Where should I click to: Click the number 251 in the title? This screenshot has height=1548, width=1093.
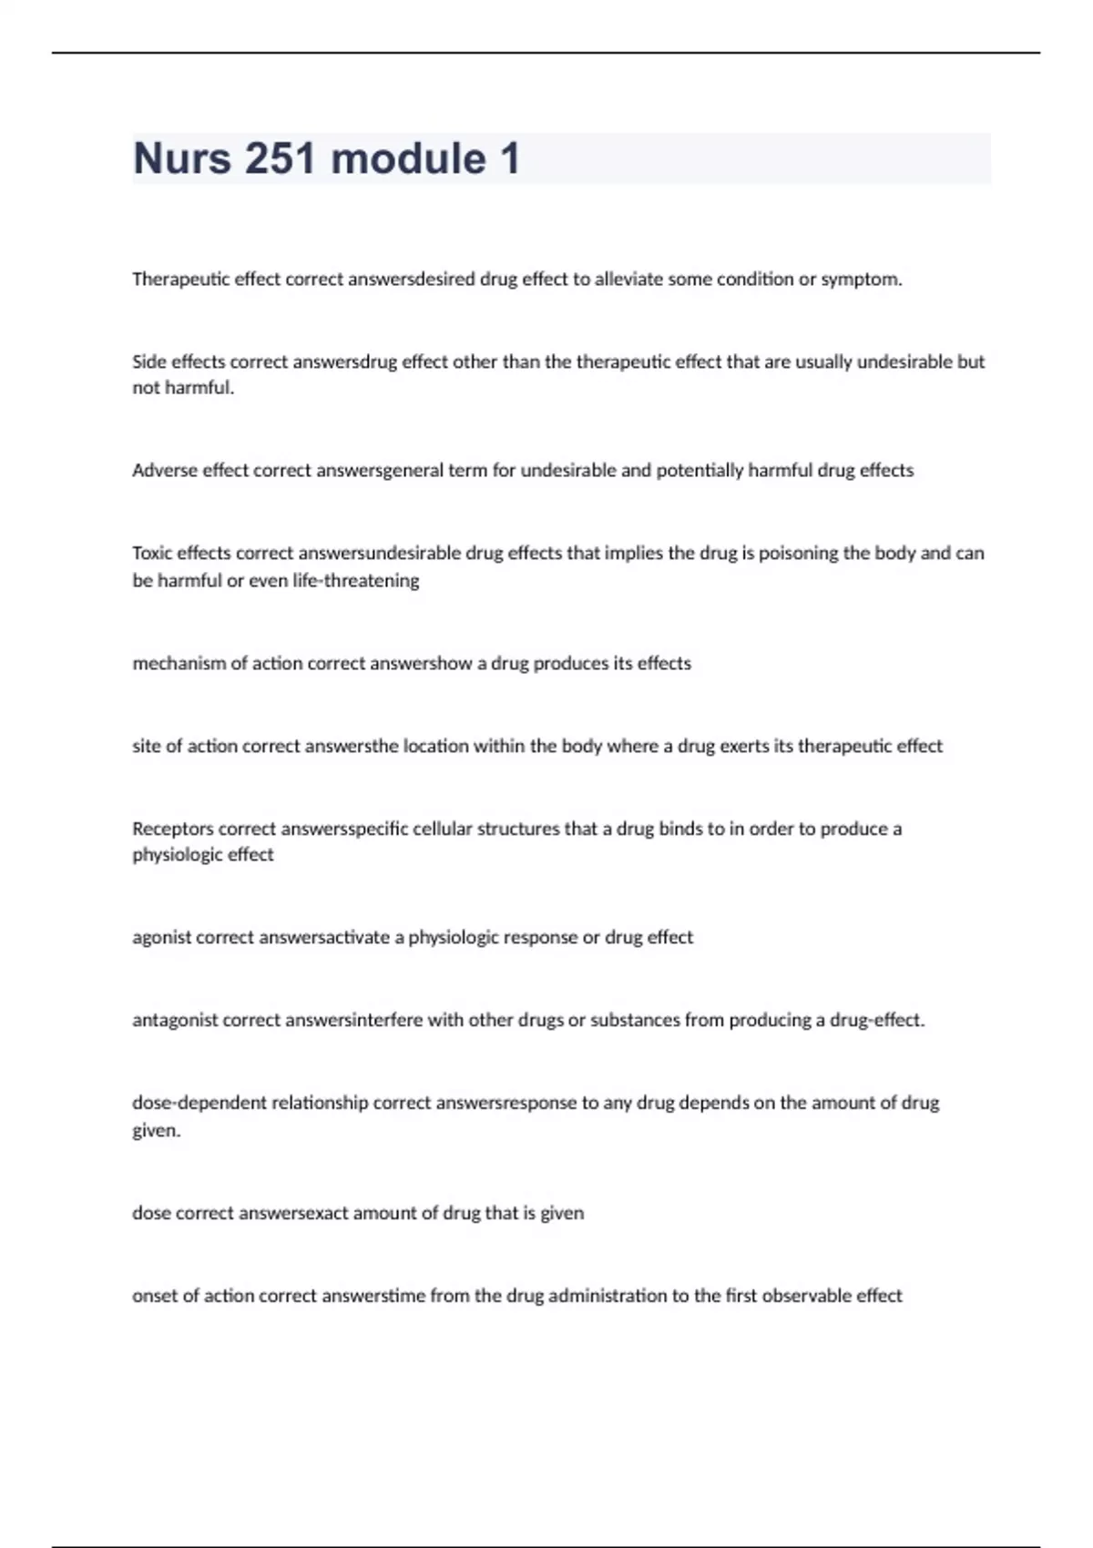point(281,158)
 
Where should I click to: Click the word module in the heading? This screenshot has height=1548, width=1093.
point(409,158)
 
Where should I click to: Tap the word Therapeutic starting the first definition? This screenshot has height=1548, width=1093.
point(180,280)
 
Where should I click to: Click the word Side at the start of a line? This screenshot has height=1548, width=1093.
point(149,362)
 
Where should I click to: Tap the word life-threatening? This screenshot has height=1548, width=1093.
point(356,581)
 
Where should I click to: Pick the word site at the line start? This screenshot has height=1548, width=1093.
point(147,747)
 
